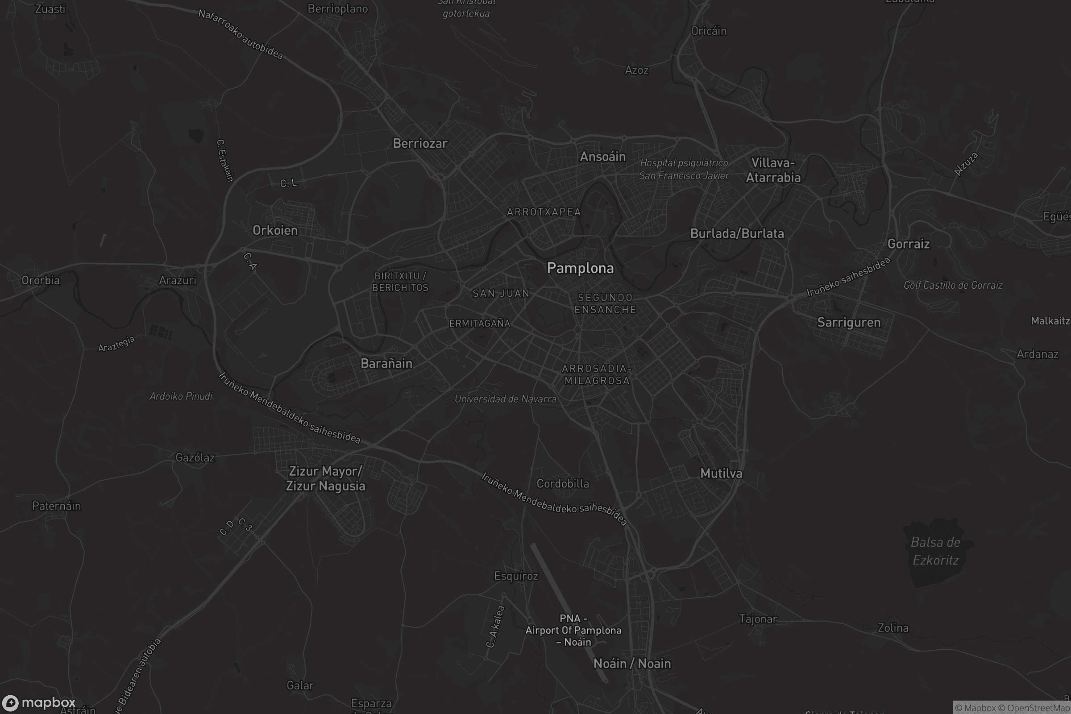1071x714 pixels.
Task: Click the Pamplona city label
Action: coord(580,268)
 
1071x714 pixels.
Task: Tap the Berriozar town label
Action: coord(420,143)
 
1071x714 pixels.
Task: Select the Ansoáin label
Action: coord(602,157)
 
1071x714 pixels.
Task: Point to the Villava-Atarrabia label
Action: coord(773,170)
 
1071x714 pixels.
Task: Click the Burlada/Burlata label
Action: coord(737,233)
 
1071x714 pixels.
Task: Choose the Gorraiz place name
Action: coord(908,244)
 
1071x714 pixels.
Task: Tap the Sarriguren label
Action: coord(848,322)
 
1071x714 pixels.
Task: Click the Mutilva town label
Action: coord(721,473)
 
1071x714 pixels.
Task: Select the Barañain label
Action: coord(386,363)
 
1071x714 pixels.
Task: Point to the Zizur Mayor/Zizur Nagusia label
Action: coord(325,478)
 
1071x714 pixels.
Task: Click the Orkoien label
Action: coord(275,230)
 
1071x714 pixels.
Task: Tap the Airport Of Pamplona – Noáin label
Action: coord(573,630)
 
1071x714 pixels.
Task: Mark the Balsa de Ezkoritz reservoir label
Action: coord(935,551)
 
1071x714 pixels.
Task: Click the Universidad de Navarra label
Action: coord(505,399)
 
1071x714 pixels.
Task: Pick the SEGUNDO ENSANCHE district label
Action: coord(605,303)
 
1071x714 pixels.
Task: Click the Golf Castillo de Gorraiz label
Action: coord(953,286)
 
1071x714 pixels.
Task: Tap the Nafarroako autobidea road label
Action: coord(241,35)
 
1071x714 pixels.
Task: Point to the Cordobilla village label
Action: coord(562,484)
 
